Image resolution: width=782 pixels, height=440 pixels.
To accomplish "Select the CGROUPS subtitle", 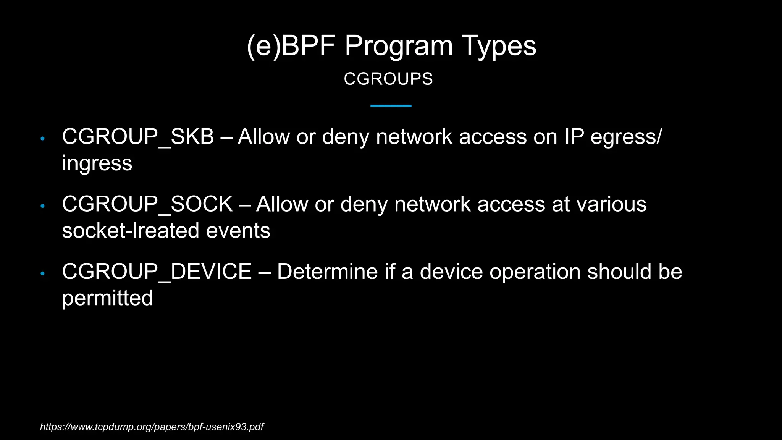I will pos(388,79).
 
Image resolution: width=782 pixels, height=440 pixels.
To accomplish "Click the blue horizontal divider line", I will pos(391,106).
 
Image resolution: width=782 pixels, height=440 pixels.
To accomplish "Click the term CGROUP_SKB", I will pos(138,137).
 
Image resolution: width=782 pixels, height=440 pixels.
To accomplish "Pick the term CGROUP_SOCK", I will pos(147,204).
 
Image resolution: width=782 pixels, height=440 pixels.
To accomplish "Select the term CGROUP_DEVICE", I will pos(157,272).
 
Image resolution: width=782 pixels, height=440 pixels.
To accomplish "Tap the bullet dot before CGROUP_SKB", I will pos(43,139).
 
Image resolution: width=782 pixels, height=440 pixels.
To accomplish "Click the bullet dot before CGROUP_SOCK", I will pos(43,206).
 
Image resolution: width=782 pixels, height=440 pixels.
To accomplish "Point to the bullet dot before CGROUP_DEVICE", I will pos(43,273).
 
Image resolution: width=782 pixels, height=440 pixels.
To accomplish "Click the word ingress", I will pos(97,163).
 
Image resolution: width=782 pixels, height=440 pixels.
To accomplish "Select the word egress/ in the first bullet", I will pos(626,137).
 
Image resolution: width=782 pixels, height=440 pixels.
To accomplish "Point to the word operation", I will pos(535,272).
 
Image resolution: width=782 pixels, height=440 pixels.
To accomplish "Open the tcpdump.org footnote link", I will pos(152,427).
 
